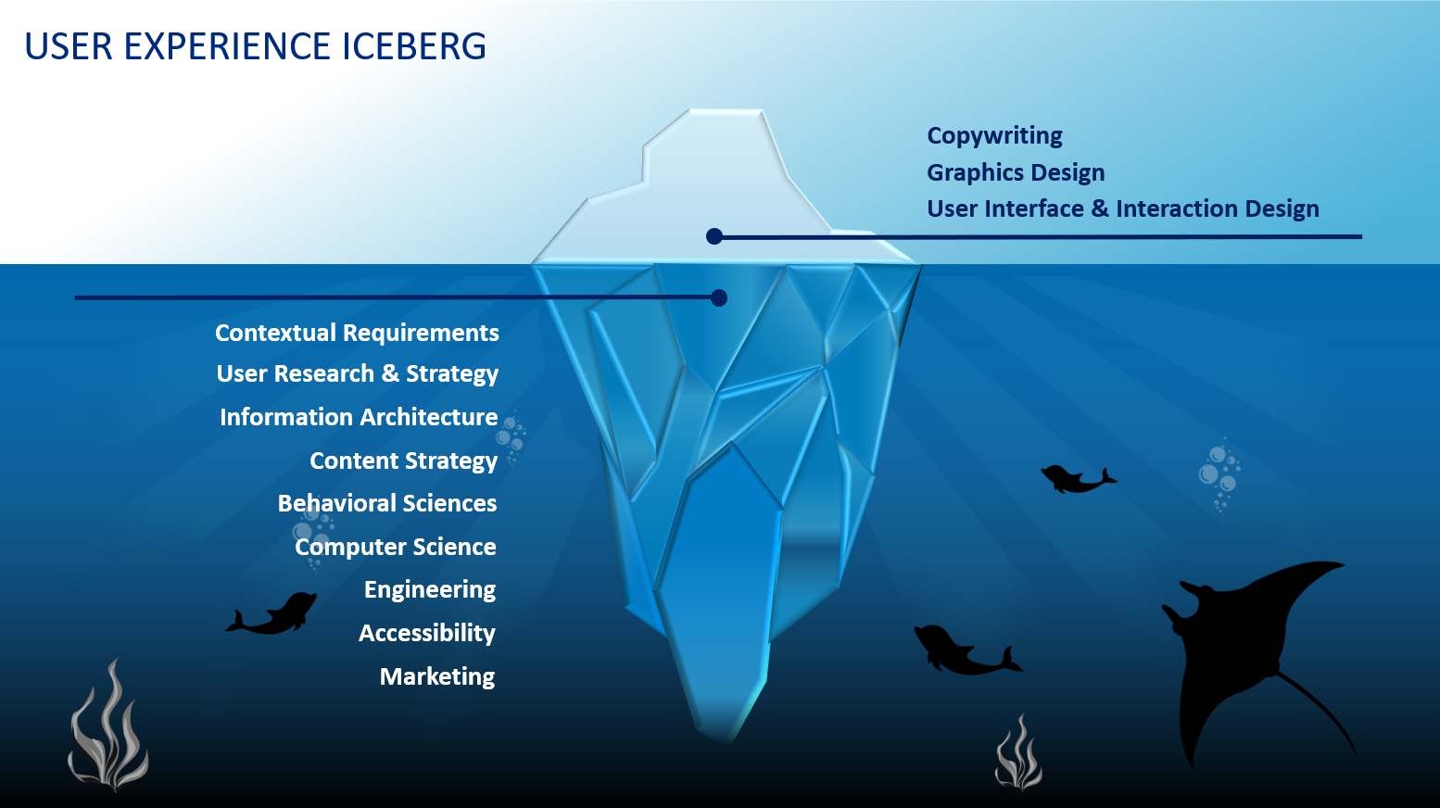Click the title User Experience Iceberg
point(255,46)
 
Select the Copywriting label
point(994,135)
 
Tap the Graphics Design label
point(1016,172)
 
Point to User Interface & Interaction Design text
point(1122,208)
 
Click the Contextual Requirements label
point(357,333)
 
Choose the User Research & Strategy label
point(357,373)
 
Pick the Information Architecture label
point(359,417)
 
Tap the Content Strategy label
point(403,461)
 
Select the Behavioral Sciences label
point(387,503)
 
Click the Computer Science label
point(396,547)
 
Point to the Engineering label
point(430,589)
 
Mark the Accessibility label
point(427,633)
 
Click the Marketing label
point(437,676)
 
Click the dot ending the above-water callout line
point(714,236)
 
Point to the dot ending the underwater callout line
point(718,297)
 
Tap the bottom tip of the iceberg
point(727,737)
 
